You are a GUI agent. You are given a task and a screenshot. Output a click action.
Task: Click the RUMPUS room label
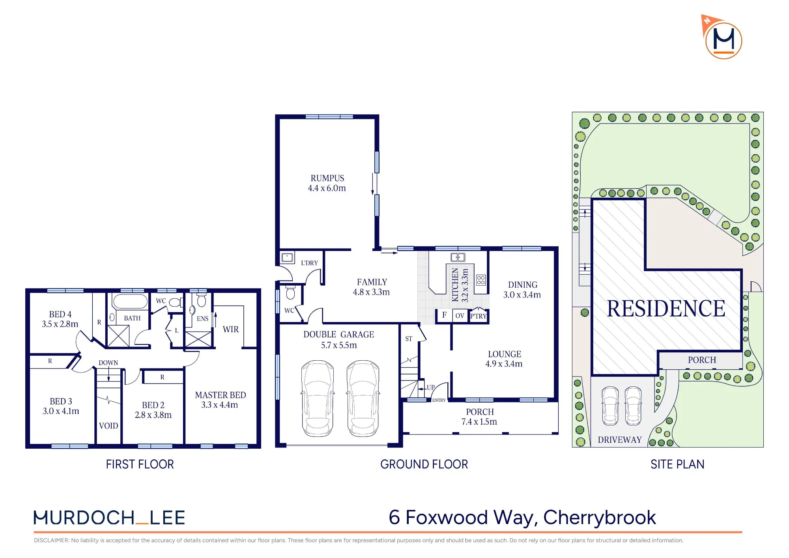coord(327,178)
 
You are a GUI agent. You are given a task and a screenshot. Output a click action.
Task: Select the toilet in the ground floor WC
coord(290,292)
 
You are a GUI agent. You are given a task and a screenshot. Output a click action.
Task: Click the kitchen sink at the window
coord(458,257)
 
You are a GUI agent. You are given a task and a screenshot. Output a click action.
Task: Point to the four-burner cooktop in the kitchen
coord(481,280)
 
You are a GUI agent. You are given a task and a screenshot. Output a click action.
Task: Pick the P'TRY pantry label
coord(479,316)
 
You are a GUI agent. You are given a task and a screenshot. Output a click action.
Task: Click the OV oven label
coord(460,316)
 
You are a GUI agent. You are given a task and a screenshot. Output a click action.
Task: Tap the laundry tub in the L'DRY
coord(287,258)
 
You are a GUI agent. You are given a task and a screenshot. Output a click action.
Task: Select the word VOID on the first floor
coord(108,426)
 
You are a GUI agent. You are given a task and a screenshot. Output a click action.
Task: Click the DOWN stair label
coord(108,363)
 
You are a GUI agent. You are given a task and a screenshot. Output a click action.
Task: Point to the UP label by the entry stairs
coord(431,388)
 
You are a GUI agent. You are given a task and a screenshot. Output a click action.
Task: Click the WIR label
coord(231,329)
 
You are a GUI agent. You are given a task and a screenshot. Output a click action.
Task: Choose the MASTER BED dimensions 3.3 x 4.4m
coord(220,405)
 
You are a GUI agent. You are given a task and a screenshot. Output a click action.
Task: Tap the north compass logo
coord(722,37)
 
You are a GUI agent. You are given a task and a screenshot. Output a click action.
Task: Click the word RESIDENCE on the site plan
coord(666,308)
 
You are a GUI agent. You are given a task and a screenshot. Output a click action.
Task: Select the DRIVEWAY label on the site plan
coord(620,440)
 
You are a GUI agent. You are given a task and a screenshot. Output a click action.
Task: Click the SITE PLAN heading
coord(677,464)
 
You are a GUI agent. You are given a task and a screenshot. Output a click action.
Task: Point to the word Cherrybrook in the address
coord(600,517)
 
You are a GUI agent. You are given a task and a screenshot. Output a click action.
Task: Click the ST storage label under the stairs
coord(409,339)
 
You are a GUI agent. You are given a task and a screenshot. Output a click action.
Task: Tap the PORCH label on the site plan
coord(702,360)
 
